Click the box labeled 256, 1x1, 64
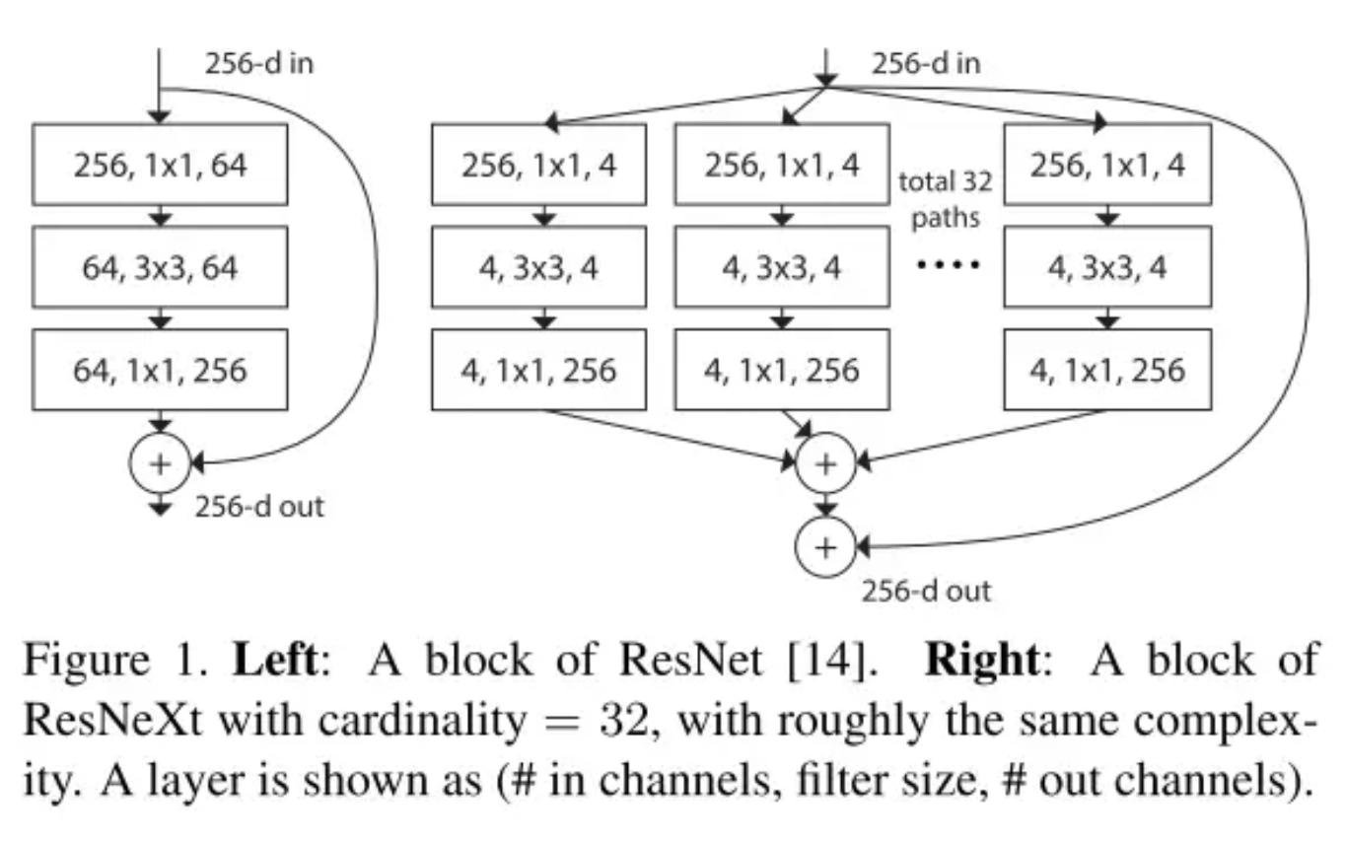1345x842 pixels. pyautogui.click(x=160, y=164)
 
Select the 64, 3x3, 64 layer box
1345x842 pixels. pyautogui.click(x=160, y=266)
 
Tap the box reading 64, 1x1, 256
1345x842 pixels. pyautogui.click(x=160, y=370)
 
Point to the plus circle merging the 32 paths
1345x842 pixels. pyautogui.click(x=826, y=461)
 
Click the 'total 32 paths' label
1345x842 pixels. pyautogui.click(x=945, y=198)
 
